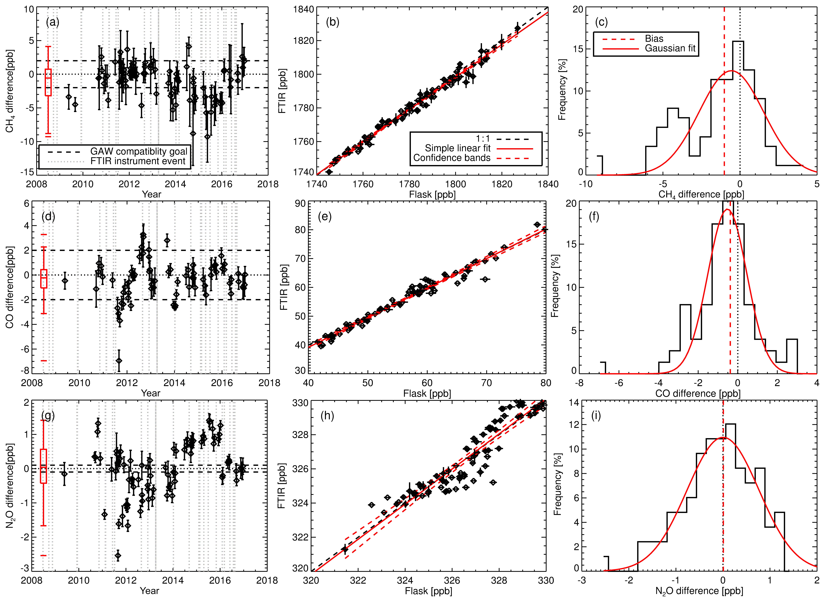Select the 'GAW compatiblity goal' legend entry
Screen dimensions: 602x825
click(138, 151)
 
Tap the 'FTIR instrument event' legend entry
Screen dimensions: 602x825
click(138, 161)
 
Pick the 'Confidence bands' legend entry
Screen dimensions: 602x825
click(452, 158)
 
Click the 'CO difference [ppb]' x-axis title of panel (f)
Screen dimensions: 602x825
click(698, 394)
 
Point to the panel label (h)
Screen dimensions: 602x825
click(327, 416)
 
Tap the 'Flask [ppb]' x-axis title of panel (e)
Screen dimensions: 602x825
click(427, 394)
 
